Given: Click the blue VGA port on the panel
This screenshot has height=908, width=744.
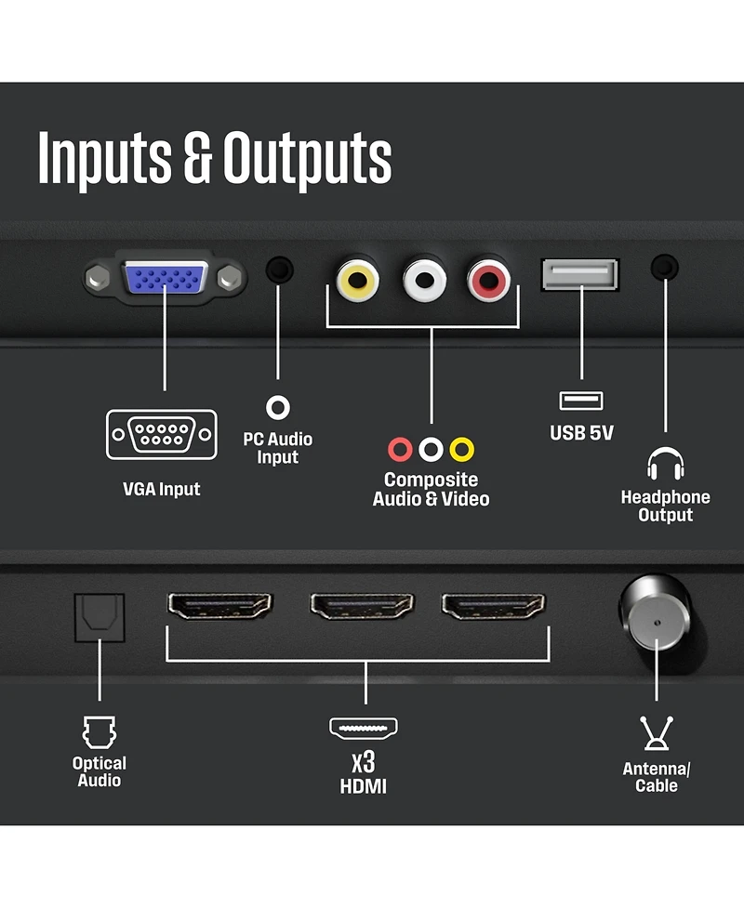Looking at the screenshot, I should point(165,276).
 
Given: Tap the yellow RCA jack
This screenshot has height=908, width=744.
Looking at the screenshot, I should point(357,278).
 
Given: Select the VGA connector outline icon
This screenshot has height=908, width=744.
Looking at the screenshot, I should point(162,434).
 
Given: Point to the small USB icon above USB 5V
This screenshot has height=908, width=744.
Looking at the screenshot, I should point(581,401).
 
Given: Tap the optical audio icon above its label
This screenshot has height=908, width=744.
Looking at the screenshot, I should point(99,731).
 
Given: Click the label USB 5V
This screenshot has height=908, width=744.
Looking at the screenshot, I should point(581,433).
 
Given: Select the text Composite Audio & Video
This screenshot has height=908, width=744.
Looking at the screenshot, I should point(431,490).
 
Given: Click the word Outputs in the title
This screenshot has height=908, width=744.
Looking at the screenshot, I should point(307,159).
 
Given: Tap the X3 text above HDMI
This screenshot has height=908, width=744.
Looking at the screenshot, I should point(363,763).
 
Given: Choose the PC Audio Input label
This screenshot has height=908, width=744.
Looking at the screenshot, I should point(277,448).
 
